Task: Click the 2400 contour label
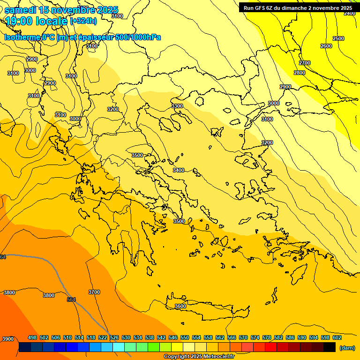(x=350, y=13)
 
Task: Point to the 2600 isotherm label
(x=326, y=46)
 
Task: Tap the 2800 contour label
(x=300, y=73)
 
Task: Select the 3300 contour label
(x=177, y=106)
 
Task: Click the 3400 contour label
(x=179, y=170)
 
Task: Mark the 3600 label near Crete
(x=180, y=306)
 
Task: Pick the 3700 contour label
(x=94, y=292)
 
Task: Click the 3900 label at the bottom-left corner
(x=8, y=339)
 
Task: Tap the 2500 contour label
(x=338, y=38)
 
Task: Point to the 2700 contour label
(x=305, y=63)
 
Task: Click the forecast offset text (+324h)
(x=83, y=21)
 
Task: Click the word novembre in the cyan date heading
(x=73, y=10)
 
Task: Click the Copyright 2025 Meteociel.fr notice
(x=199, y=357)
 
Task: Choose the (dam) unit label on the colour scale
(x=347, y=347)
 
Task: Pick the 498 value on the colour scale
(x=32, y=337)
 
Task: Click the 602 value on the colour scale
(x=337, y=337)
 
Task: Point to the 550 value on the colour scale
(x=185, y=337)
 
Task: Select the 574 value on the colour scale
(x=255, y=337)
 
